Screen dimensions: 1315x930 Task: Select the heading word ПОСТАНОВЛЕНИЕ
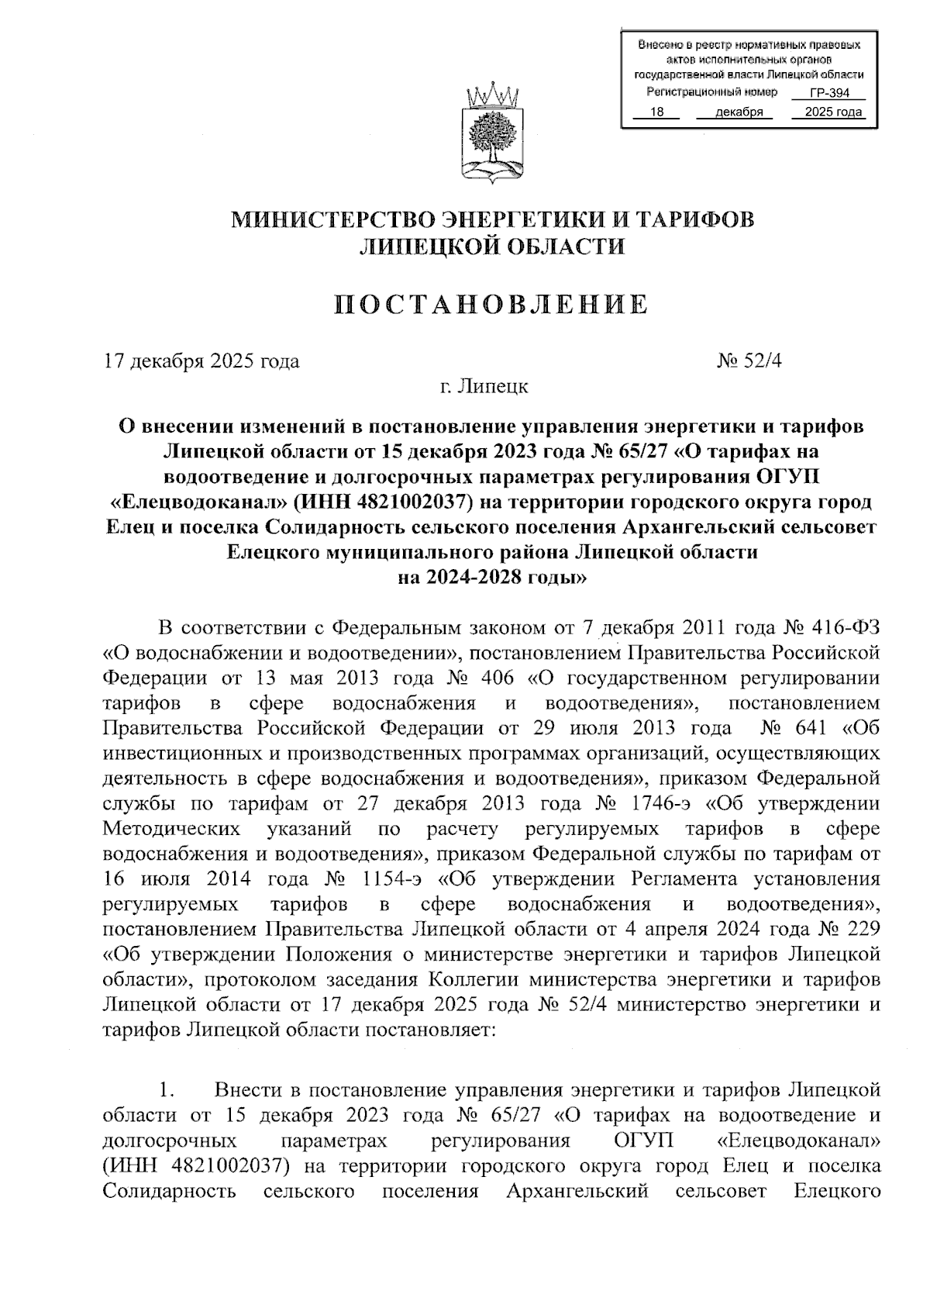[491, 305]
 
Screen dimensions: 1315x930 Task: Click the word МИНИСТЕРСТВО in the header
[324, 219]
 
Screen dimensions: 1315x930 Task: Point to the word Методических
[171, 829]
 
